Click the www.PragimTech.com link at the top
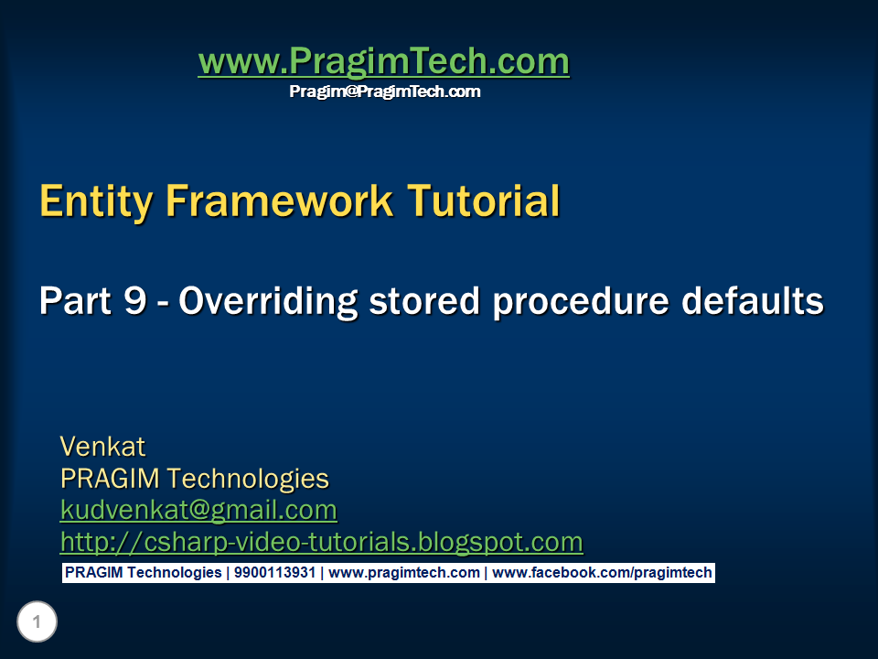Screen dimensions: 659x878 383,61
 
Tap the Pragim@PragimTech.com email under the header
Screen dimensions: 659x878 384,92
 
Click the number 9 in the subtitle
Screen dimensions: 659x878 133,301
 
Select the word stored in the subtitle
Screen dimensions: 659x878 418,301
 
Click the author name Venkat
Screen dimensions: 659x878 102,447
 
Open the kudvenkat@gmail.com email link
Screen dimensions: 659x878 198,510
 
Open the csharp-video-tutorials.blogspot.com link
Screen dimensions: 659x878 321,542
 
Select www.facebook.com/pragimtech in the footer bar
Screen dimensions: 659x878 602,573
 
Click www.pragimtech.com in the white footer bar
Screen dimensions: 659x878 404,573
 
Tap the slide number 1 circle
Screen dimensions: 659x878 37,622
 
